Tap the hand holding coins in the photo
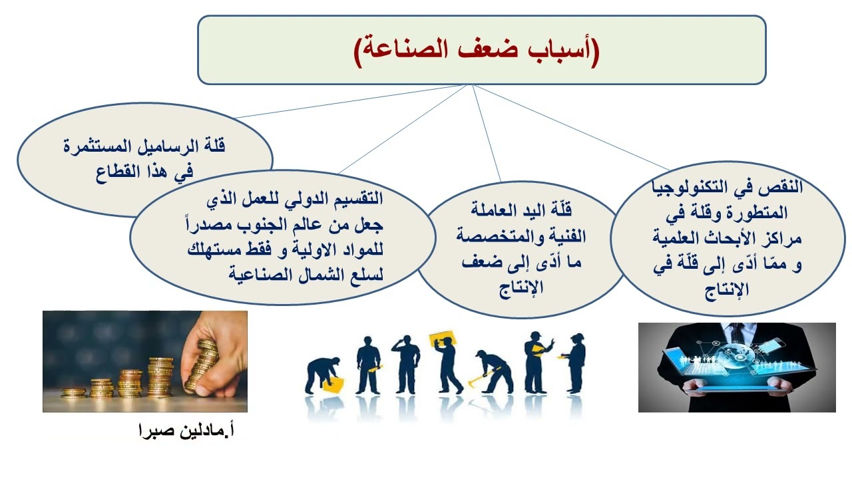(213, 359)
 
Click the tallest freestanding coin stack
(160, 378)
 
